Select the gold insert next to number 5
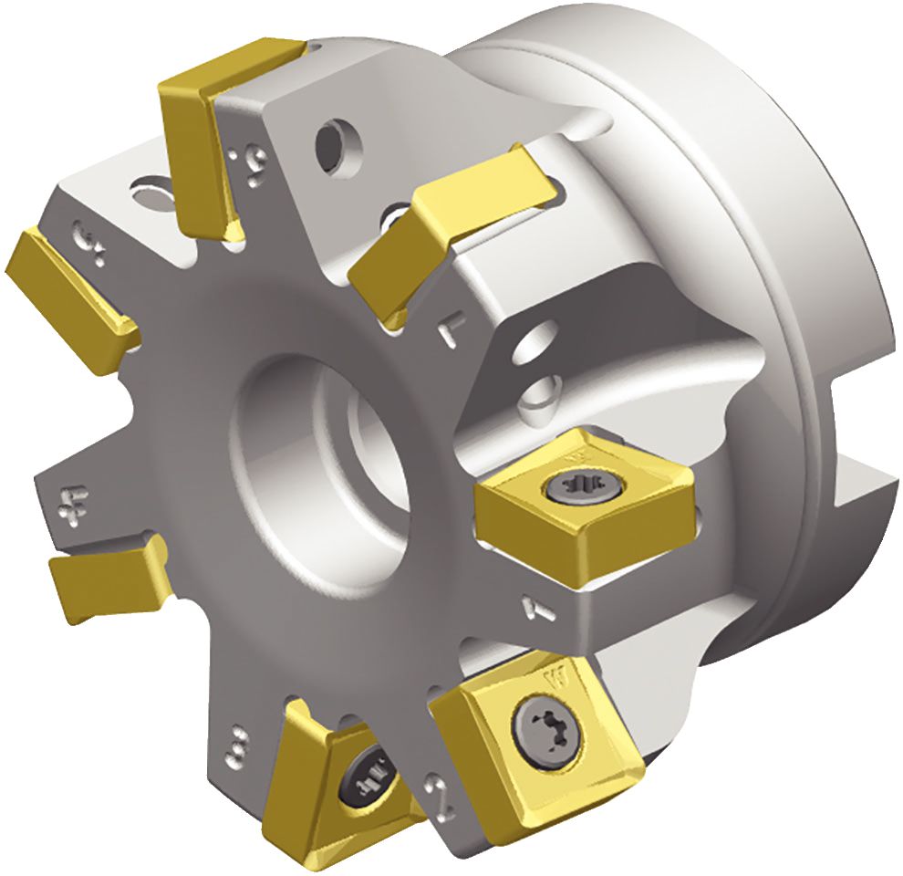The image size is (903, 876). (x=64, y=287)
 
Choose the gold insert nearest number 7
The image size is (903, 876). (x=447, y=233)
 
